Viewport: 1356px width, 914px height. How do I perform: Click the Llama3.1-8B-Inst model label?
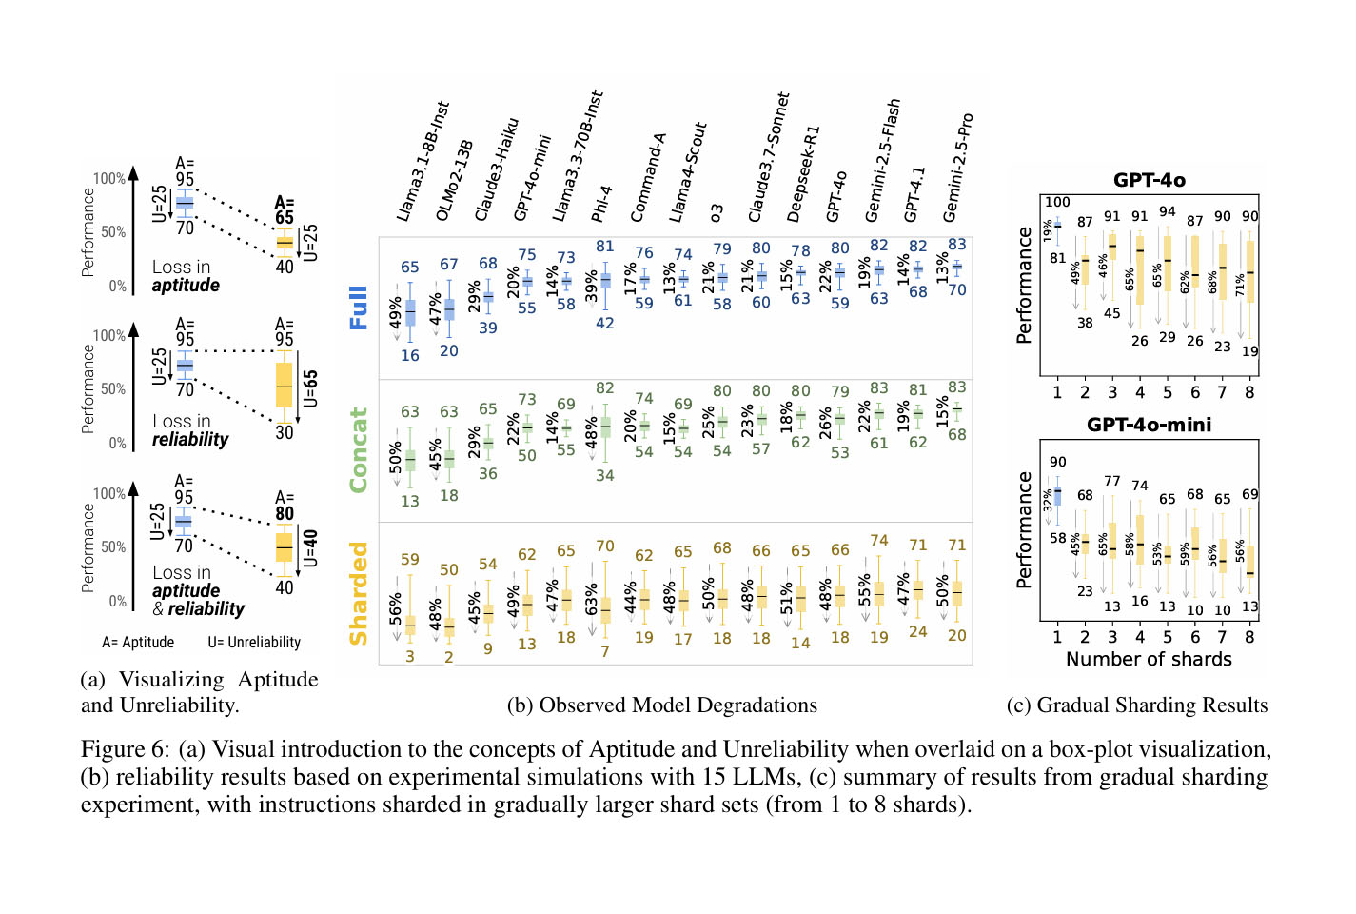(x=422, y=162)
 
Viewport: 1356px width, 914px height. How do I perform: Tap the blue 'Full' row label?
(x=359, y=308)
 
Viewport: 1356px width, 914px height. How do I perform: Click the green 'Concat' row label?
(x=359, y=450)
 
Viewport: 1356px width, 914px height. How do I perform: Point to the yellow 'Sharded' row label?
(x=359, y=593)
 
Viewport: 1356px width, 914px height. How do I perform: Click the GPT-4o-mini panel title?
(x=1150, y=425)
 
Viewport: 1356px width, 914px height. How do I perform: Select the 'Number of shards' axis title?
(x=1149, y=659)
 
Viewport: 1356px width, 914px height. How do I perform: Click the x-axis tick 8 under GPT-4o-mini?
(x=1249, y=637)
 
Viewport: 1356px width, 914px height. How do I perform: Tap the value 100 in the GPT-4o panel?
(x=1057, y=202)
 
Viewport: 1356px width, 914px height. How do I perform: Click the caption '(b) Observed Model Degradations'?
(x=662, y=705)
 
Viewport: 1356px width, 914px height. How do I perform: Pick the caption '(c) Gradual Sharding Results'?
(x=1137, y=705)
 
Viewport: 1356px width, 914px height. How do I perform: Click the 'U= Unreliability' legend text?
(x=254, y=643)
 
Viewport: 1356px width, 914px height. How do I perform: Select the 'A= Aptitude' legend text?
(x=138, y=643)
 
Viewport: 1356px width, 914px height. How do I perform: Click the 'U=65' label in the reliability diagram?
(x=310, y=389)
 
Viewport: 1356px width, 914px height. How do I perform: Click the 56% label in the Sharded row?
(x=396, y=608)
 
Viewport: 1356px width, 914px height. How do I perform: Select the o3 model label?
(x=717, y=212)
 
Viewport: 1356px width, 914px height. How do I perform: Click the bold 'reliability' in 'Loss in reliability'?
(x=190, y=440)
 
